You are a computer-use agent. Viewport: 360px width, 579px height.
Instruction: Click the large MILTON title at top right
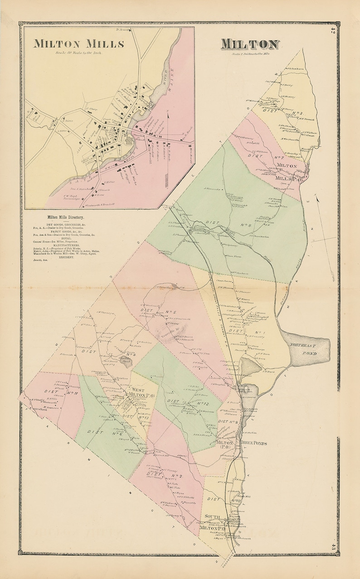click(x=250, y=44)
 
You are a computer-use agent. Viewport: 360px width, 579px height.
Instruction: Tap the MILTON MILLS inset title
click(x=79, y=43)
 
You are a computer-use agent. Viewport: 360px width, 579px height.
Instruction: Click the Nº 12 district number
click(x=202, y=403)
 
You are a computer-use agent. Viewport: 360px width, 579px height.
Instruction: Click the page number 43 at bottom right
click(x=333, y=546)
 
